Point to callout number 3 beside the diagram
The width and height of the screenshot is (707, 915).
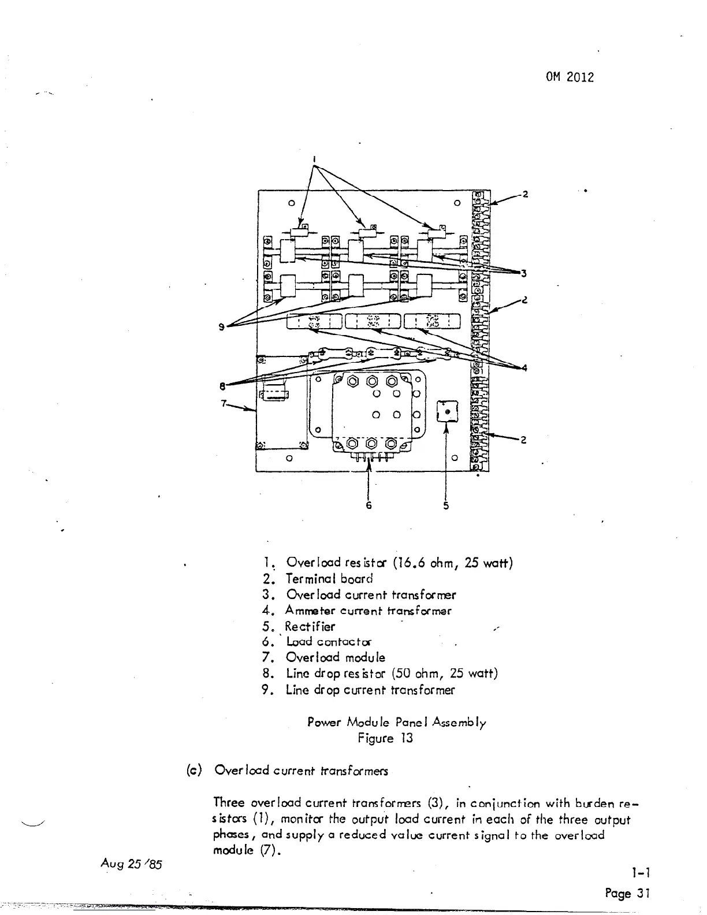pos(523,273)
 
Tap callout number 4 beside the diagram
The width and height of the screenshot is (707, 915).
pos(523,367)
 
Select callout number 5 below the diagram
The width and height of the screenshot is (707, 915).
pos(446,506)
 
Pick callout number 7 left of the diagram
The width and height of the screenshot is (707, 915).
pos(223,403)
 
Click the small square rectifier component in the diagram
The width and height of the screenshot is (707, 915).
pos(446,411)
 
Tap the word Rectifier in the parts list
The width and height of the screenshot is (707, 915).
pos(310,626)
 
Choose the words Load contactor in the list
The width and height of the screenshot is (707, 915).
pos(329,642)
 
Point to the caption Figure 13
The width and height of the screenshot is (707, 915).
pos(385,738)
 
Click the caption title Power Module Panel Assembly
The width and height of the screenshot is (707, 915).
pos(397,722)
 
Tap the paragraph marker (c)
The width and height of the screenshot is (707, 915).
pos(194,770)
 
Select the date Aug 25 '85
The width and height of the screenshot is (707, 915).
pos(132,864)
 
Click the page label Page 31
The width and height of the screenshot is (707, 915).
pos(627,893)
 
